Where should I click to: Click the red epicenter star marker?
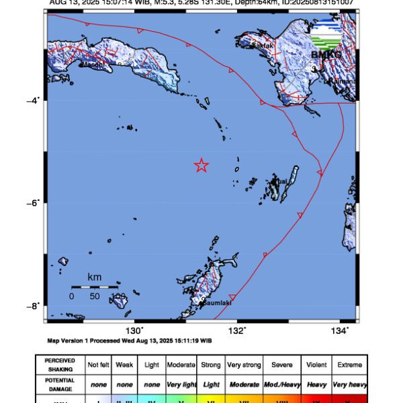click(201, 165)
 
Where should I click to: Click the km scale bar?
click(95, 287)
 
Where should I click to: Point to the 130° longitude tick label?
click(135, 330)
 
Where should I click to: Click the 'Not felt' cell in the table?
click(97, 365)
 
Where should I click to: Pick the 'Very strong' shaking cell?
click(244, 365)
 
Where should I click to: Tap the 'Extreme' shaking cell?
click(349, 365)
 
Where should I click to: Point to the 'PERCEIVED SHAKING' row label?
click(60, 365)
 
